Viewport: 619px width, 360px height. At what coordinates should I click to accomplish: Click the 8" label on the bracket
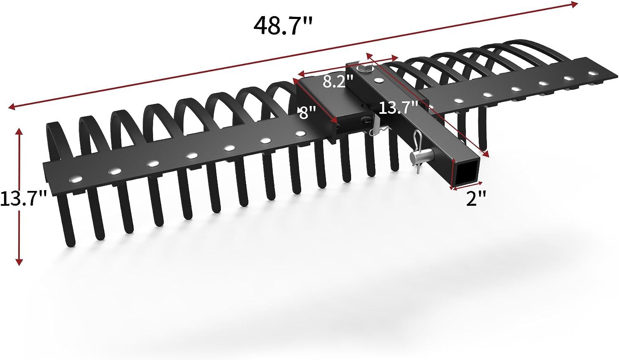point(307,112)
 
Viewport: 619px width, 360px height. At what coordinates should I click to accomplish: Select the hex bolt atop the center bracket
point(364,68)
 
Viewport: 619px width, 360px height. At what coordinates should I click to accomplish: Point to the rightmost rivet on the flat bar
point(593,73)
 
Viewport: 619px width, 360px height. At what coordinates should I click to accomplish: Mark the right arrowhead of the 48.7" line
point(574,4)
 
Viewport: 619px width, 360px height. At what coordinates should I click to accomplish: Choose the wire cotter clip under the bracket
point(377,131)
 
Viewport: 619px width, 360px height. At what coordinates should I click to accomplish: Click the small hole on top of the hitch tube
point(379,80)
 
